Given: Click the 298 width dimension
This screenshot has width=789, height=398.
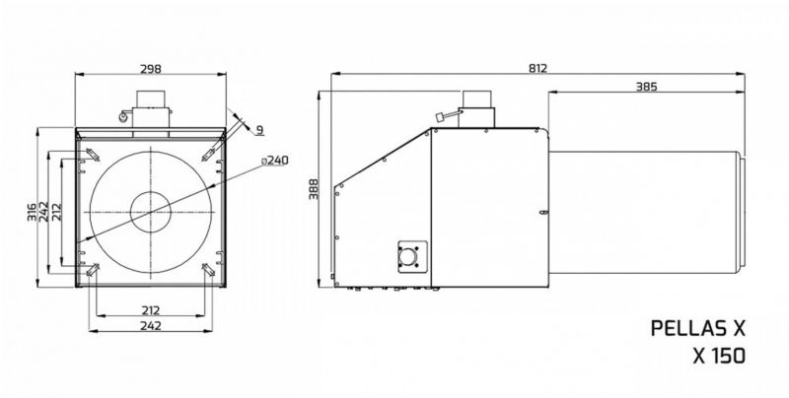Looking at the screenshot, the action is click(x=151, y=69).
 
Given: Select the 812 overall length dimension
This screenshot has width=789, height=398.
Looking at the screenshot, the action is click(x=538, y=68).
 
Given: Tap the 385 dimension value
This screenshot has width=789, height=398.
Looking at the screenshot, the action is click(x=647, y=87).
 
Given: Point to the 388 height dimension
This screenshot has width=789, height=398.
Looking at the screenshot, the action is click(x=314, y=189).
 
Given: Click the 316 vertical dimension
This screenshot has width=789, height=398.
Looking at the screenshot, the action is click(x=32, y=212).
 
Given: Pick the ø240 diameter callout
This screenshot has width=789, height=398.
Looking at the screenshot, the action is click(x=275, y=161).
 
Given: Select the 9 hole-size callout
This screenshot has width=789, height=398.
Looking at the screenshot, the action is click(x=259, y=130).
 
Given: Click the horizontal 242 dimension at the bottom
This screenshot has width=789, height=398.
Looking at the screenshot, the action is click(x=151, y=326).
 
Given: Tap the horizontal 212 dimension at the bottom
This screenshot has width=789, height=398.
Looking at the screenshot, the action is click(x=151, y=310).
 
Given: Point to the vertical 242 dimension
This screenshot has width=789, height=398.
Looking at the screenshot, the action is click(x=43, y=212).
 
